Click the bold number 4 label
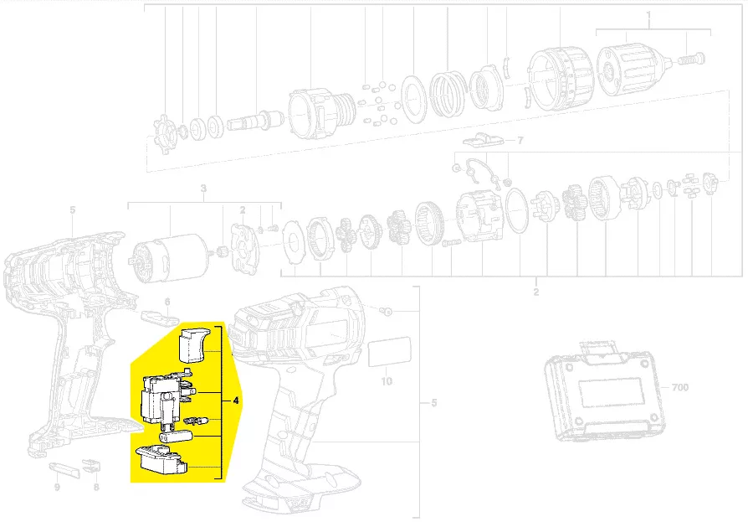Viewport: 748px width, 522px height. pyautogui.click(x=236, y=401)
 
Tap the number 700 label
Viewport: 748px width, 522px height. pyautogui.click(x=679, y=387)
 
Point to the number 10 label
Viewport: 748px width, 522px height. pyautogui.click(x=387, y=381)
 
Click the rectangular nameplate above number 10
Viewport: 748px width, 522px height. pyautogui.click(x=390, y=352)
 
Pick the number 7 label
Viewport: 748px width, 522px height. pyautogui.click(x=520, y=141)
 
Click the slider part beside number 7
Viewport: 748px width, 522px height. pyautogui.click(x=483, y=141)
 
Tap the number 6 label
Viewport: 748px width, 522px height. pyautogui.click(x=167, y=302)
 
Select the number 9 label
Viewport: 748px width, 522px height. pyautogui.click(x=57, y=487)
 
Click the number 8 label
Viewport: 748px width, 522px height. pyautogui.click(x=96, y=487)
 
